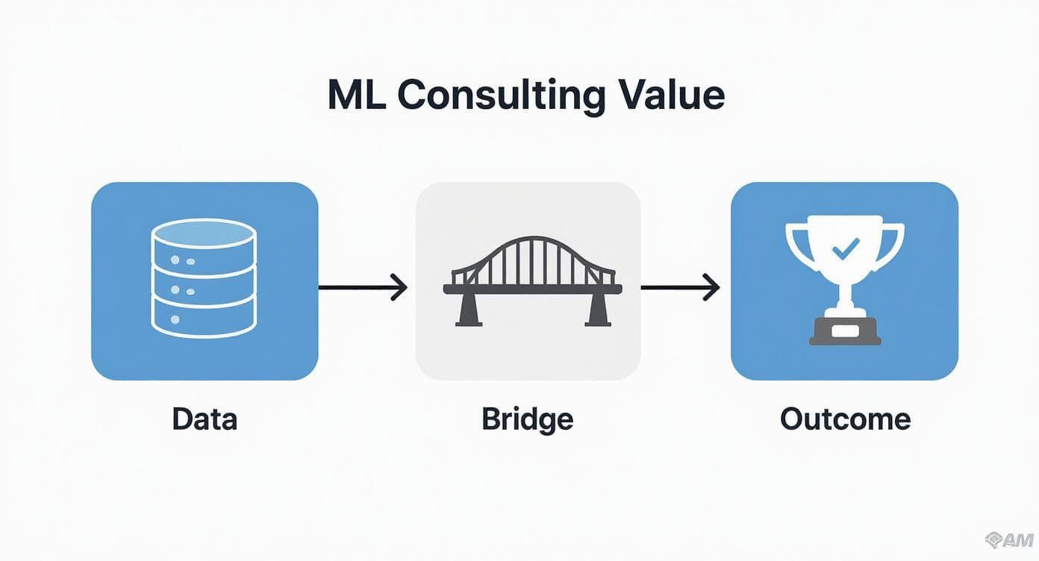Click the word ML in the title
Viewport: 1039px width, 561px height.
click(x=357, y=95)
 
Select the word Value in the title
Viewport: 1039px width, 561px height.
click(x=671, y=95)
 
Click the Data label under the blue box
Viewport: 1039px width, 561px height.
click(x=205, y=419)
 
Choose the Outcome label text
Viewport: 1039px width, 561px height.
click(x=845, y=419)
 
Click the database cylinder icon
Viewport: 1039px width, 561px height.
click(x=204, y=278)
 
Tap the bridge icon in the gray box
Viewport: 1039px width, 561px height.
click(x=532, y=281)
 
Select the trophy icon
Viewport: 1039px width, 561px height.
click(x=845, y=280)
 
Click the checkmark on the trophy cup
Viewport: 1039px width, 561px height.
click(x=846, y=249)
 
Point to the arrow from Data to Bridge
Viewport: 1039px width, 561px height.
click(x=363, y=288)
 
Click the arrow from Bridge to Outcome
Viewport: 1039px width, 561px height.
click(x=680, y=288)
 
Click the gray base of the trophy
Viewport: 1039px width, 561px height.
click(x=845, y=331)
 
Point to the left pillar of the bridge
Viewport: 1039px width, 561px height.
click(x=469, y=310)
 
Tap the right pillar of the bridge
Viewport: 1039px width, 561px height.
click(x=597, y=310)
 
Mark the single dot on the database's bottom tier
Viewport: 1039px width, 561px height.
click(x=175, y=319)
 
